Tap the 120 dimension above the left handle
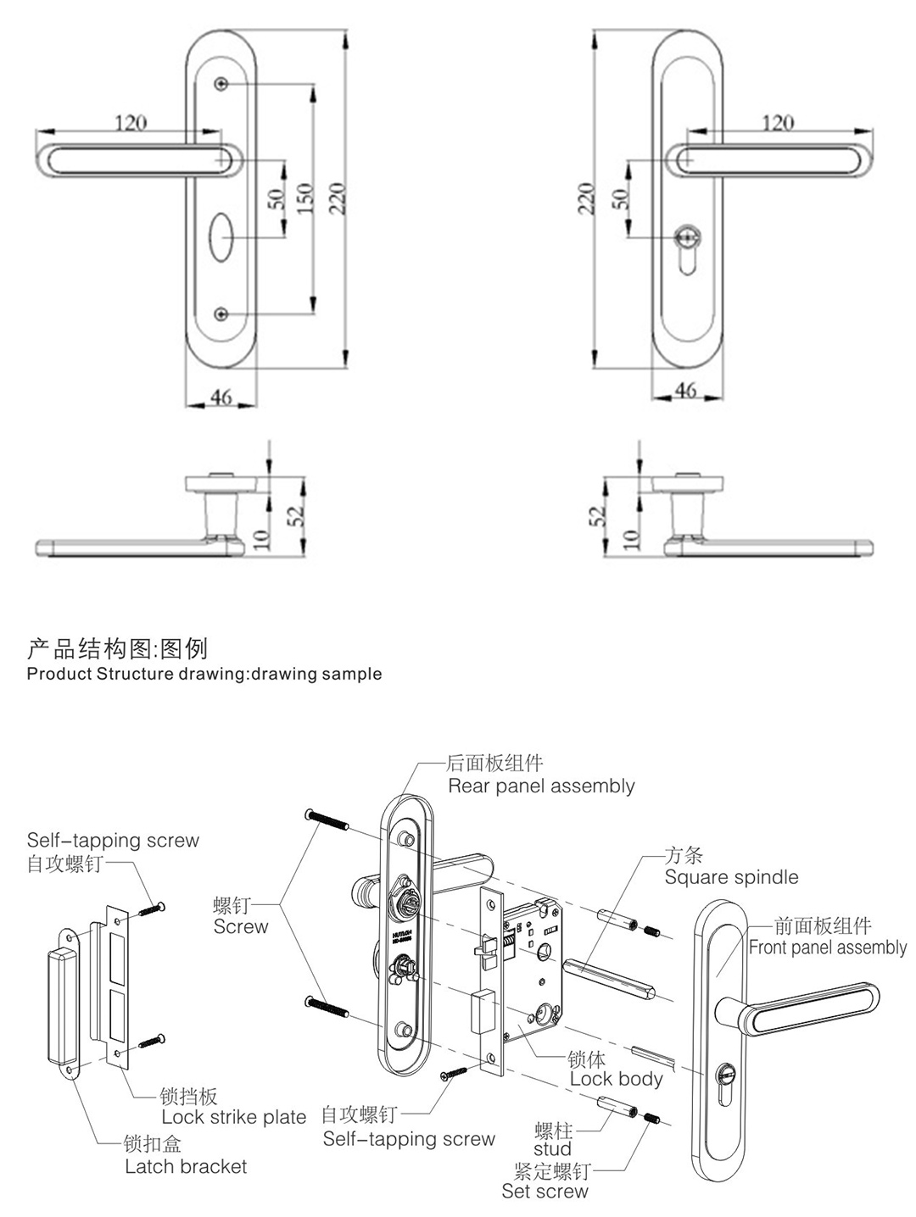131,123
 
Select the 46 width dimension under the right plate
685,389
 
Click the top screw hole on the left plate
221,84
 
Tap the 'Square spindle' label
731,877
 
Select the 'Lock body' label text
616,1079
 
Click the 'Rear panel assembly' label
541,786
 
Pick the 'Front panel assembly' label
827,947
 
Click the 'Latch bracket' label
186,1167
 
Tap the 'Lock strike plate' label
233,1117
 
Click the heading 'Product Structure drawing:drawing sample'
204,675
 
